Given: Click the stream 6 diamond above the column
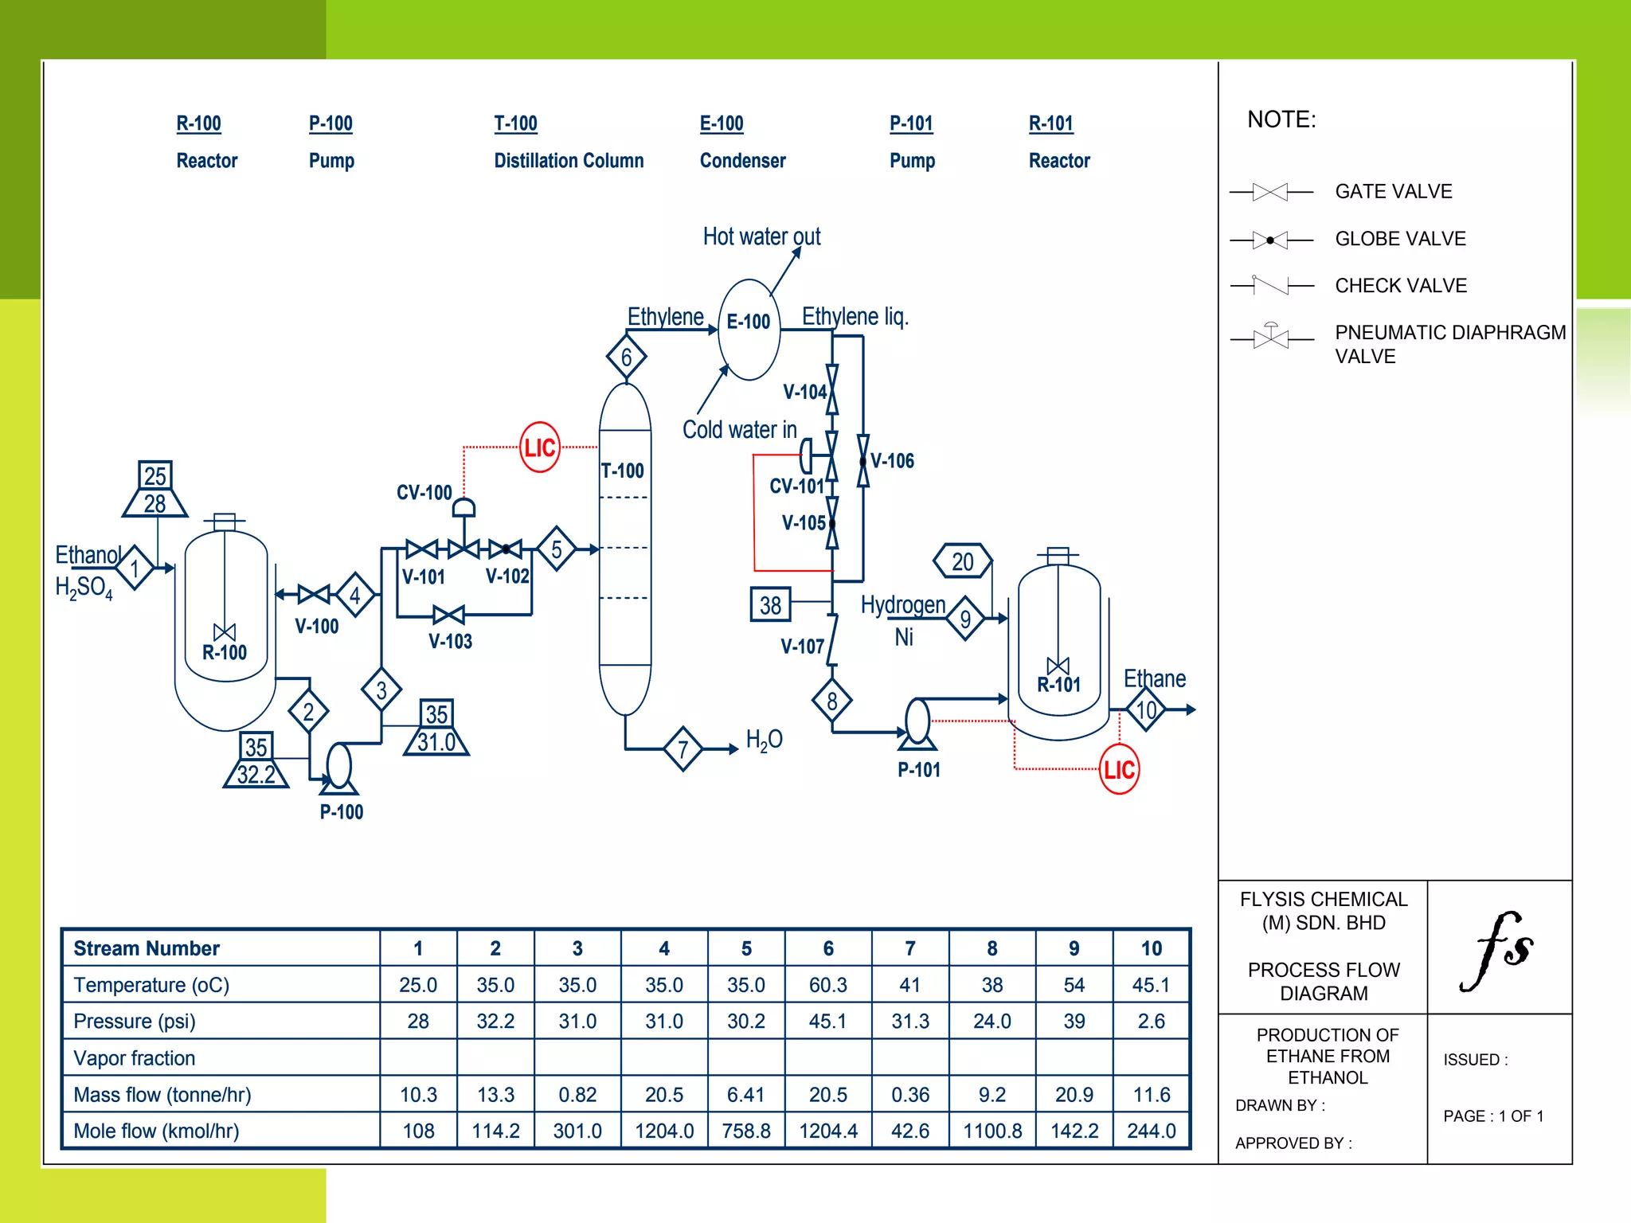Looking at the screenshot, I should (x=626, y=358).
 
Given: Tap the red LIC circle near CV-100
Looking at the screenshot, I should (x=539, y=447).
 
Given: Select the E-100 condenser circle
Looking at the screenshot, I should (x=749, y=329).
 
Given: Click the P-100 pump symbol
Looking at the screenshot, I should (x=339, y=767).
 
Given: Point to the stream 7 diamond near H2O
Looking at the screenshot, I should (x=683, y=748).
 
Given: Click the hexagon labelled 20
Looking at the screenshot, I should (x=963, y=561).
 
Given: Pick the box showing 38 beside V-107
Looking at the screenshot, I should (x=770, y=605).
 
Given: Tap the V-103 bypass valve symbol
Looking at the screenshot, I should (x=449, y=615).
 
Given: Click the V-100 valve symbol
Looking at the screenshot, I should (x=314, y=594).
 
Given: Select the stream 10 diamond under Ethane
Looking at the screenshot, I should (x=1146, y=709).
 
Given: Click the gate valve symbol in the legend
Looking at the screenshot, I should (x=1270, y=192).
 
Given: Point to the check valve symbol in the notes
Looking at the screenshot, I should (x=1270, y=285).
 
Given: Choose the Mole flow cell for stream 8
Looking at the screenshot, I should (x=992, y=1131).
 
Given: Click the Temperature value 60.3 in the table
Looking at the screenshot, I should (x=828, y=985).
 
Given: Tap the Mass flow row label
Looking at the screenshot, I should (x=162, y=1095).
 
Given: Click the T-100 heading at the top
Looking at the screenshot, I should (x=515, y=123).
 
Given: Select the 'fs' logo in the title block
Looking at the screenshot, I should (x=1497, y=949).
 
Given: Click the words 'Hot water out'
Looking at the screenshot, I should (x=761, y=236).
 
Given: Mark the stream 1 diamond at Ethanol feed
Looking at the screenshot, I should (x=135, y=568).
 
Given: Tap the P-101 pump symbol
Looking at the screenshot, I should (x=917, y=723).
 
